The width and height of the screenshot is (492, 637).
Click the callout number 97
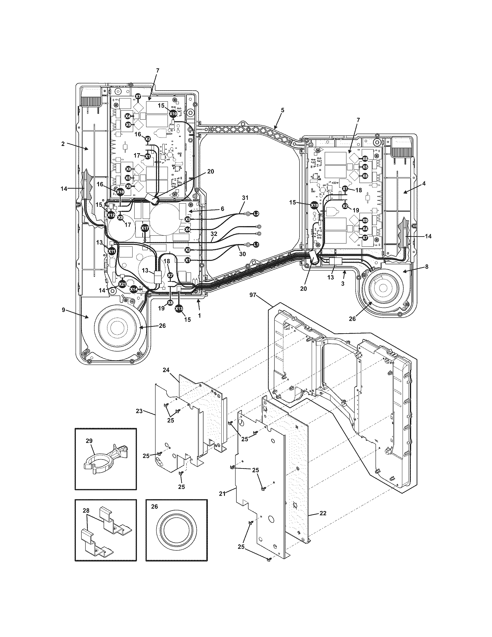[253, 295]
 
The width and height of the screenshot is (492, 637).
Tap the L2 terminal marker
[256, 214]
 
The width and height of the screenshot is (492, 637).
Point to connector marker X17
[145, 228]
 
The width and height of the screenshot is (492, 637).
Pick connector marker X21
[123, 283]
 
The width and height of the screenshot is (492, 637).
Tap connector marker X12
[111, 215]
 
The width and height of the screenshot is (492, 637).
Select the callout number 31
[245, 198]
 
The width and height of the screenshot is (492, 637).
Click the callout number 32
[214, 234]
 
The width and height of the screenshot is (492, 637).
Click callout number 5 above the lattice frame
[282, 110]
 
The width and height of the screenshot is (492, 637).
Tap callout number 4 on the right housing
[424, 184]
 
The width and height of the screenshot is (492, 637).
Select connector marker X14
[133, 289]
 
